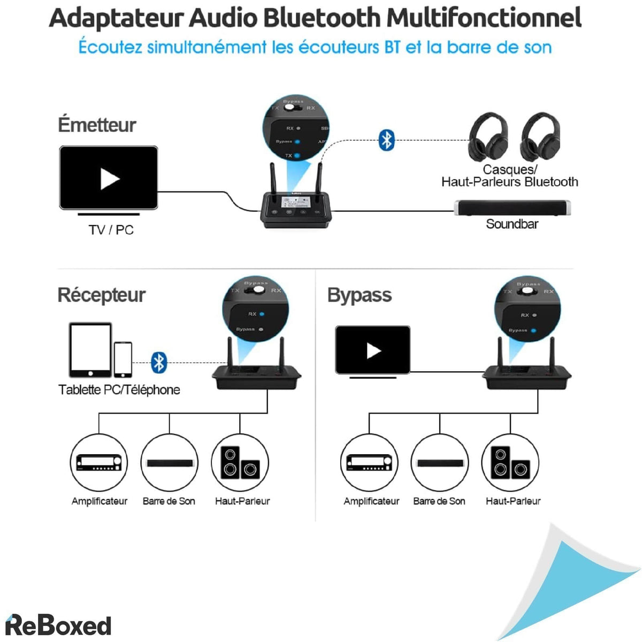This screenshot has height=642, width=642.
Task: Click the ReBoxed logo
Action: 58,625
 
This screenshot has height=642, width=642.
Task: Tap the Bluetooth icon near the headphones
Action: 386,140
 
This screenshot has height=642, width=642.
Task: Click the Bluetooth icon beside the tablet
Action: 159,362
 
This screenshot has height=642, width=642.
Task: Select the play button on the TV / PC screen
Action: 109,179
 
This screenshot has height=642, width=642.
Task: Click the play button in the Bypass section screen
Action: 373,350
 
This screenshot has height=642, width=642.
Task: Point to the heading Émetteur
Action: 97,125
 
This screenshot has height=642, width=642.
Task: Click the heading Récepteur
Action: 101,295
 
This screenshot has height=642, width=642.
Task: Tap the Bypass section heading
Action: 359,295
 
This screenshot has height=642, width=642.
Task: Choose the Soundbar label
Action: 511,224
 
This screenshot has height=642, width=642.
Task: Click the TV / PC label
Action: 111,230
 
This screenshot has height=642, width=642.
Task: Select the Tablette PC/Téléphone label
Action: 119,389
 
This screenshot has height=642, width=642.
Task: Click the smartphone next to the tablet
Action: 123,360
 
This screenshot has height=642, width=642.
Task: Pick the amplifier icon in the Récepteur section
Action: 99,463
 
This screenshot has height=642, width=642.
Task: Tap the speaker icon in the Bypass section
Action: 510,463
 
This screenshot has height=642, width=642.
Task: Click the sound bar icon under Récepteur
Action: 170,463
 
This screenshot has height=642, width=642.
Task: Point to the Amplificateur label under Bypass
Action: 371,501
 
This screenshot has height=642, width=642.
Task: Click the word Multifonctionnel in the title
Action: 484,18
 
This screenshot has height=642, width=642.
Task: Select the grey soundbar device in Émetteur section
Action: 512,208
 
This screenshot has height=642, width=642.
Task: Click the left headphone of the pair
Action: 488,137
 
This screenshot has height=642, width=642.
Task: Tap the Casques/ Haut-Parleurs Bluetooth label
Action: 509,176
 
